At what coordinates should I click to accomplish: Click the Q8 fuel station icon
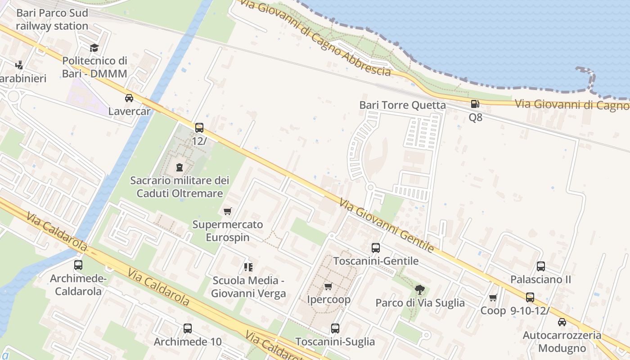click(475, 104)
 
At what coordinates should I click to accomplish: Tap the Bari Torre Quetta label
click(402, 105)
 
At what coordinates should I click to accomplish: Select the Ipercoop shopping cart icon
click(328, 287)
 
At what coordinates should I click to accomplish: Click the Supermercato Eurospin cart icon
click(227, 211)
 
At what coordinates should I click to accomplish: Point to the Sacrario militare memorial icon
click(180, 168)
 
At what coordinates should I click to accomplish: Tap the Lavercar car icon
click(129, 98)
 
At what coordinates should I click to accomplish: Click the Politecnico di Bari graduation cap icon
click(94, 48)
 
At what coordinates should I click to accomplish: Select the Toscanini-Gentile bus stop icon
click(375, 247)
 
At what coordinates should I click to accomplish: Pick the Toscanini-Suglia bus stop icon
click(335, 328)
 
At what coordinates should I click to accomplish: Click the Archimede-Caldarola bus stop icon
click(78, 265)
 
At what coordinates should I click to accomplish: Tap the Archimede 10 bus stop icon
click(188, 328)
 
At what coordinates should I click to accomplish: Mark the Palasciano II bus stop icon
click(540, 266)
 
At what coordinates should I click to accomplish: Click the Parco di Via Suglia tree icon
click(420, 289)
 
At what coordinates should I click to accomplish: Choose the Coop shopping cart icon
click(493, 298)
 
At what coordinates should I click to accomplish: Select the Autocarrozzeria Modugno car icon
click(562, 322)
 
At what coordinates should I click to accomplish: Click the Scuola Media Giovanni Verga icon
click(248, 267)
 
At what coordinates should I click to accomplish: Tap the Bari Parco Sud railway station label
click(52, 19)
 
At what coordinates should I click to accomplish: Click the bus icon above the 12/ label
click(199, 128)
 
